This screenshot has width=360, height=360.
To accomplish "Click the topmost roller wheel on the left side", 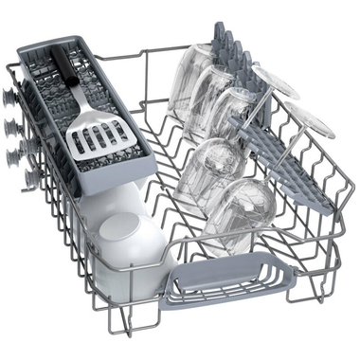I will coord(10,96).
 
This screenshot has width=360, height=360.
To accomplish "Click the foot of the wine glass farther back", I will coord(278,83).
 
